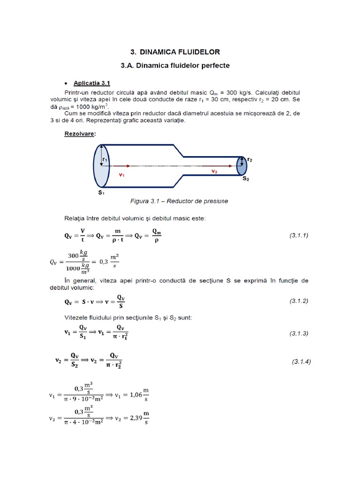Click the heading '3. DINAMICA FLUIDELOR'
pos(175,52)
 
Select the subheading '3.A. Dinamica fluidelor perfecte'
pos(175,66)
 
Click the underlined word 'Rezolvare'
pos(79,134)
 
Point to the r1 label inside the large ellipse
pos(105,159)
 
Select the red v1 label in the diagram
pos(121,174)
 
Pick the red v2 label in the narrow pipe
pos(214,172)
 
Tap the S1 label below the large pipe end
pos(101,192)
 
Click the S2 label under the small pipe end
pos(246,179)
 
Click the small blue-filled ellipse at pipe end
pos(241,165)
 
